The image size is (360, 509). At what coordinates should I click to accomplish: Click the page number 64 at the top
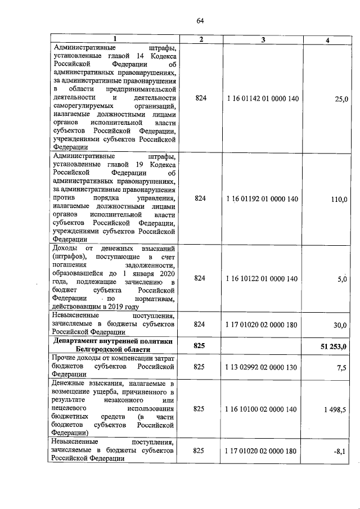tap(200, 21)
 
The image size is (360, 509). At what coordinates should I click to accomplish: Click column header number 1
tap(115, 39)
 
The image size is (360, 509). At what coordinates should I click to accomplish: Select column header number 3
tap(263, 39)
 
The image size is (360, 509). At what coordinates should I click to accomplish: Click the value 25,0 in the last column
tap(341, 99)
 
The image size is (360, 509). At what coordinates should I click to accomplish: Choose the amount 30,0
tap(341, 325)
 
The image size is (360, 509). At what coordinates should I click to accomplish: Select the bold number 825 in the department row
tap(199, 345)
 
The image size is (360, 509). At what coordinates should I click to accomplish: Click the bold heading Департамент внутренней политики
tap(115, 341)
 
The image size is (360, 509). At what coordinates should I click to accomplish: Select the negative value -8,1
tap(341, 451)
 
